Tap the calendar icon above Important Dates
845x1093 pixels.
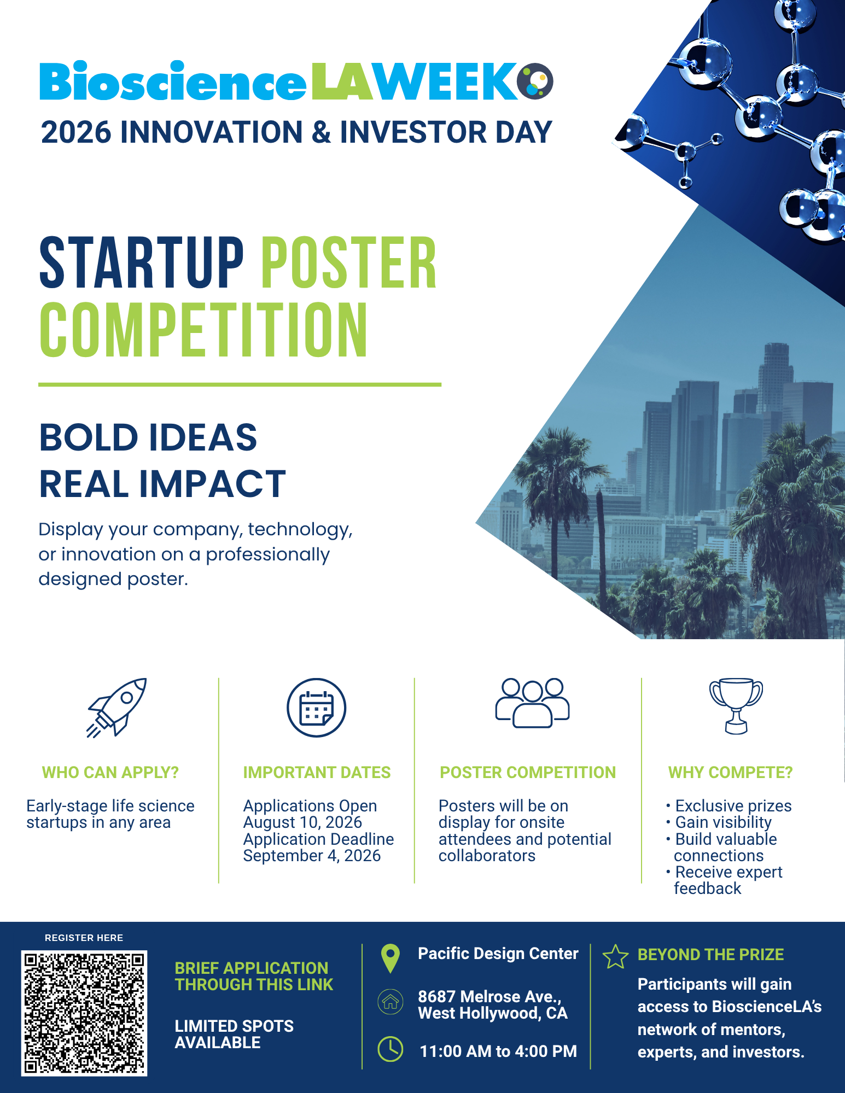pos(317,708)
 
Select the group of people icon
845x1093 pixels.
pos(532,703)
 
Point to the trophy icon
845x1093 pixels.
pos(736,706)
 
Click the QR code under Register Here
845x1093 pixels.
pos(84,1013)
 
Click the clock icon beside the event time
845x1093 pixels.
pos(391,1049)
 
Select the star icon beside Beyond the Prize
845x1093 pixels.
pos(615,956)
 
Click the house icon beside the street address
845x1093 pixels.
pos(391,1002)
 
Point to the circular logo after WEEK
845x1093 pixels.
pos(535,81)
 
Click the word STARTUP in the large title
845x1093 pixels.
pos(142,263)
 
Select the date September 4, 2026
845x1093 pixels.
pos(312,856)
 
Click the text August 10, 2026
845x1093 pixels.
pos(302,822)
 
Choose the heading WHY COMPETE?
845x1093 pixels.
pos(730,772)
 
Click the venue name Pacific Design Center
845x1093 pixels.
pos(498,954)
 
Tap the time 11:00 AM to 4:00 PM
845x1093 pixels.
pos(498,1051)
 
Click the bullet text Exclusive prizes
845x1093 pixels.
pos(733,806)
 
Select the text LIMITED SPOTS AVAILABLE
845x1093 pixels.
pos(234,1034)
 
